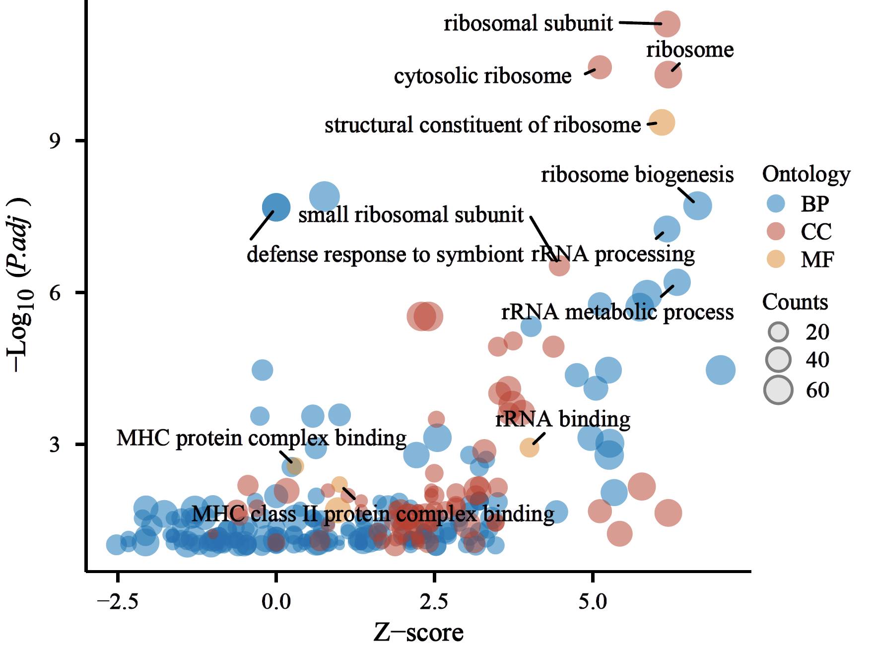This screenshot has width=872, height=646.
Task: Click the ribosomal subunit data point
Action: coord(668,24)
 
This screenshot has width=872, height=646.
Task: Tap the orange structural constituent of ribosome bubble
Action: coord(662,123)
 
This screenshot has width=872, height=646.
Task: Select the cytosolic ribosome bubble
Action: coord(600,67)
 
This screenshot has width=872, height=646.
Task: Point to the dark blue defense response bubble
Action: coord(276,207)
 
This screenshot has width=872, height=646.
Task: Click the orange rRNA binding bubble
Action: coord(530,448)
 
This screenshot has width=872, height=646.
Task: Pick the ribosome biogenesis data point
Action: coord(697,205)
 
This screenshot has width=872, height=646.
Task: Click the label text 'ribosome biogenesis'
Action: coord(637,175)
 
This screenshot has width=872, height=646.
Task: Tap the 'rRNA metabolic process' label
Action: coord(617,312)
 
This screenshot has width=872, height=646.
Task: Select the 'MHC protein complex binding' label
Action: coord(262,438)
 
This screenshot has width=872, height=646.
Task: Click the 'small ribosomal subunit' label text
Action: coord(410,215)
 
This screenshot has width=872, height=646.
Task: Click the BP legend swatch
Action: coord(776,203)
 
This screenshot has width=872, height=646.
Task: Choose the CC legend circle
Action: coord(776,231)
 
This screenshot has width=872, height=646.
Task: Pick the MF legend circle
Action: coord(776,259)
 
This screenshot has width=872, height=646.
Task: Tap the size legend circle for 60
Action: coord(778,390)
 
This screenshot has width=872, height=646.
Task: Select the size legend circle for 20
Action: coord(778,331)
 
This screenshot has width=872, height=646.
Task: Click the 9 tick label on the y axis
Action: coord(54,141)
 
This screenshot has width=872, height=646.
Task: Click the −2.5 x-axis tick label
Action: coord(117,602)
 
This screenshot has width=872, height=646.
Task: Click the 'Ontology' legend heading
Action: coord(806,174)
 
